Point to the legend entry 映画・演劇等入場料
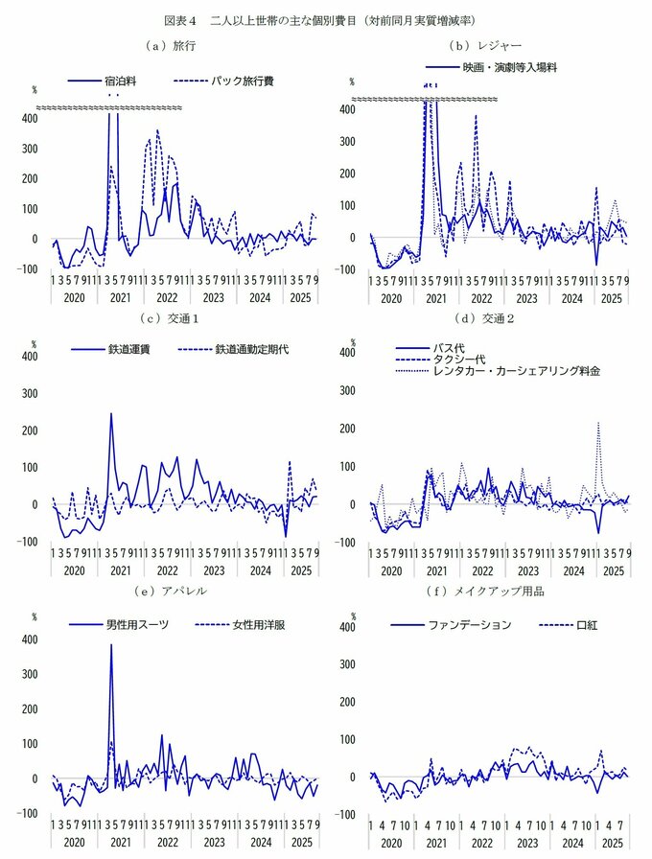[508, 68]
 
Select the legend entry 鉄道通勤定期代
[252, 349]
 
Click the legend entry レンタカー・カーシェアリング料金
[517, 371]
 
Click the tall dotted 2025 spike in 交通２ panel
[598, 422]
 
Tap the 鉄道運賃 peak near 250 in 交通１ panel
[111, 413]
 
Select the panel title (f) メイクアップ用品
[486, 592]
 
